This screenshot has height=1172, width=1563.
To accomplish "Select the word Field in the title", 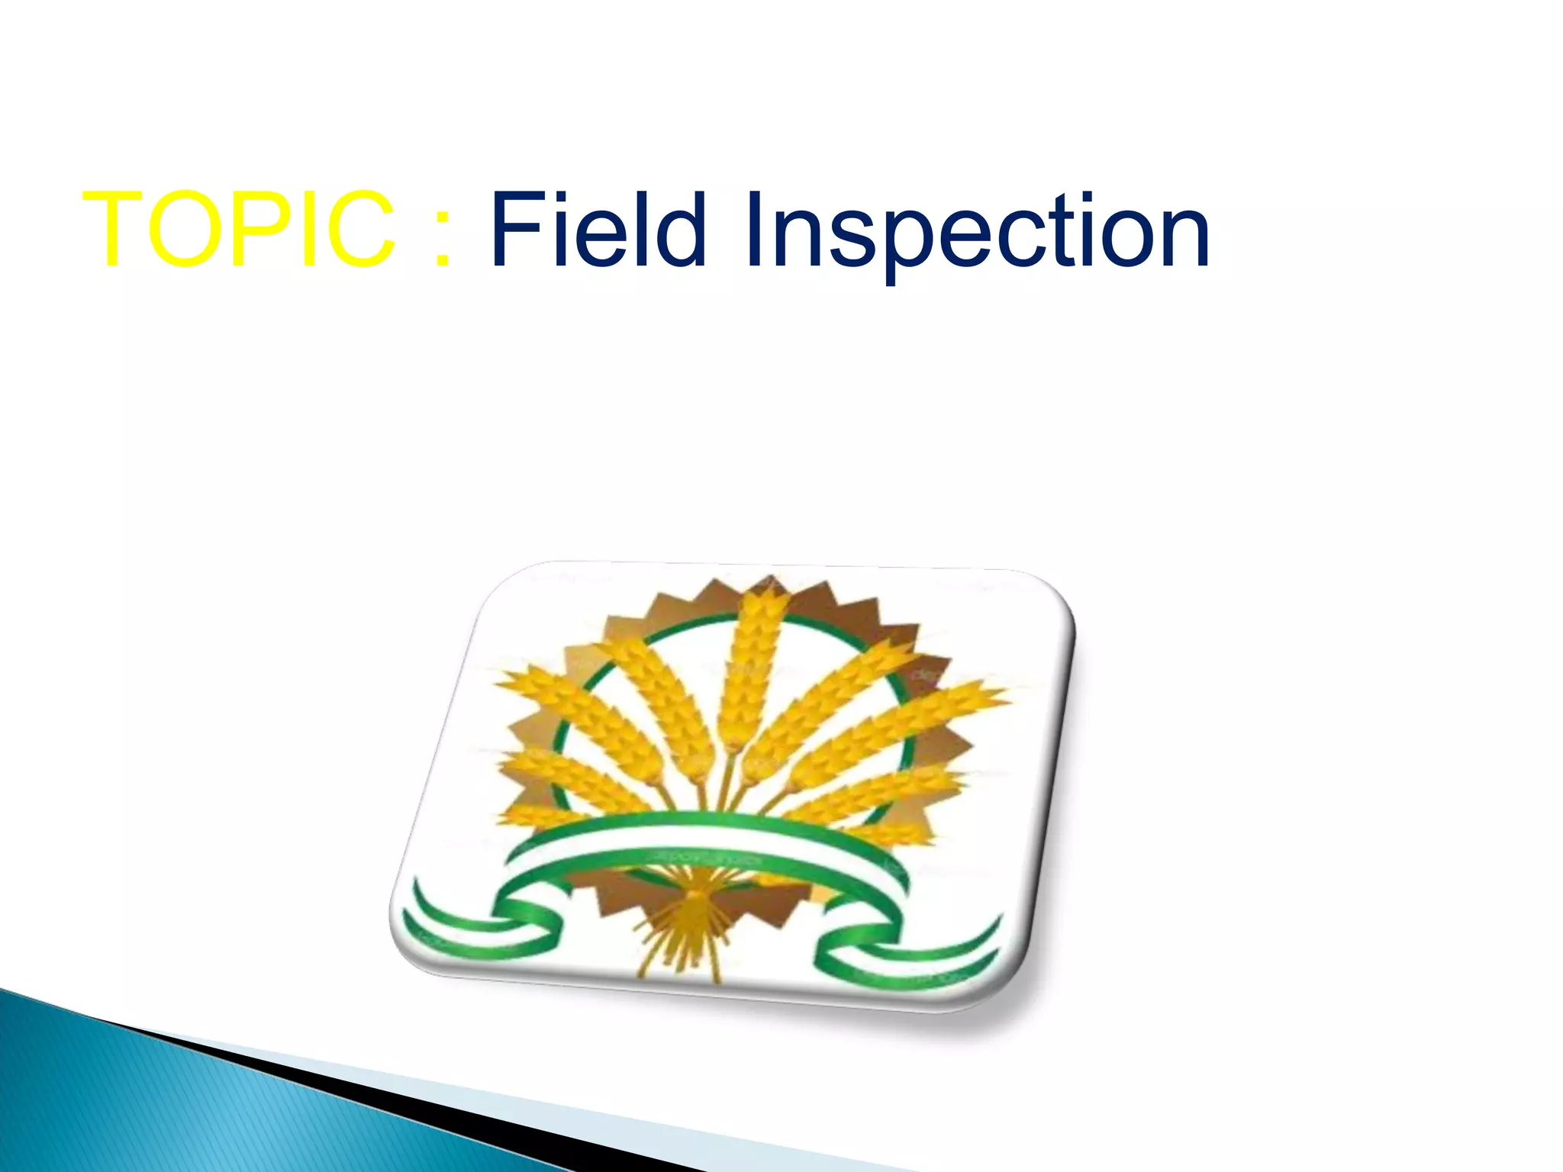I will [x=598, y=229].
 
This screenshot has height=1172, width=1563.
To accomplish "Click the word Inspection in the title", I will [x=977, y=233].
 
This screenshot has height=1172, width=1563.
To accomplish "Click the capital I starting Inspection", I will [x=754, y=229].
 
